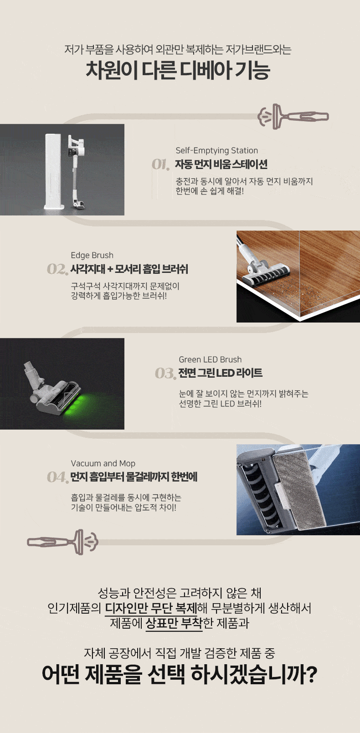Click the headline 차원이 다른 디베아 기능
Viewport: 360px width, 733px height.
pos(178,70)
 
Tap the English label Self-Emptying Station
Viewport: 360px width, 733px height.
pos(216,150)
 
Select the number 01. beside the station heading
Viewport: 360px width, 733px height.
pos(160,164)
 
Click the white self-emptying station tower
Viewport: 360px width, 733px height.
pos(54,171)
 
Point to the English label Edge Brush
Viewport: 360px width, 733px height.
pos(92,255)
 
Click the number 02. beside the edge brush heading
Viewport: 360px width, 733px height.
pos(57,269)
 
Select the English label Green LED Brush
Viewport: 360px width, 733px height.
pos(210,359)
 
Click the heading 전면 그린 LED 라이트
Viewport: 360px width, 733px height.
pos(220,373)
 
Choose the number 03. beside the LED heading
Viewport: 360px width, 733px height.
pos(165,374)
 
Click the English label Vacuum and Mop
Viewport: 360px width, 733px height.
pos(103,463)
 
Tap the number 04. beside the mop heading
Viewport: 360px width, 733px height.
pos(57,477)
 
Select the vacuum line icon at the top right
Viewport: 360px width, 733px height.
pos(293,117)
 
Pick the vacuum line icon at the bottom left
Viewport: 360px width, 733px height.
pos(62,542)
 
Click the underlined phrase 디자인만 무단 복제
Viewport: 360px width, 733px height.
pos(151,608)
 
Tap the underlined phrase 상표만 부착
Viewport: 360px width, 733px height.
pos(174,623)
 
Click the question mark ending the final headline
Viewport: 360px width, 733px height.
pos(312,674)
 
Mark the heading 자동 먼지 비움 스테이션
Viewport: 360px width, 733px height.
pos(221,164)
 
